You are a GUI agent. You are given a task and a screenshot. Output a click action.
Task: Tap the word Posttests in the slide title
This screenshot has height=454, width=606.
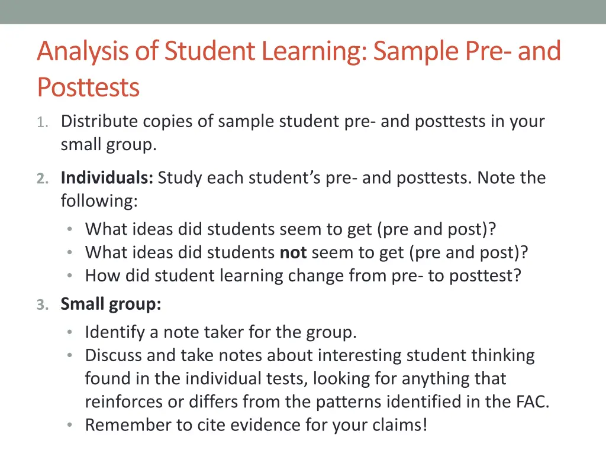coord(88,87)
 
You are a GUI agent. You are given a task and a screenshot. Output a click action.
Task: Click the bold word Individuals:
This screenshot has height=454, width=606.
coord(107,178)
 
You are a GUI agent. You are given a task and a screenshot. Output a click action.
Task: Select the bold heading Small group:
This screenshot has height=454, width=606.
coord(111,304)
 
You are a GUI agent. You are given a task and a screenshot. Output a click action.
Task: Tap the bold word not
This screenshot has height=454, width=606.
coord(293,253)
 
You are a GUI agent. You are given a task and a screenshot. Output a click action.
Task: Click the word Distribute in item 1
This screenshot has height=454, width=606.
coord(98,122)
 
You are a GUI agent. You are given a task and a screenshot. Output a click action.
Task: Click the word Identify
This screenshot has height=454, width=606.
coord(115,333)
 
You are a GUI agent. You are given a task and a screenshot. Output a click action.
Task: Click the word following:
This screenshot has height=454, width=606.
coord(99,202)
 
